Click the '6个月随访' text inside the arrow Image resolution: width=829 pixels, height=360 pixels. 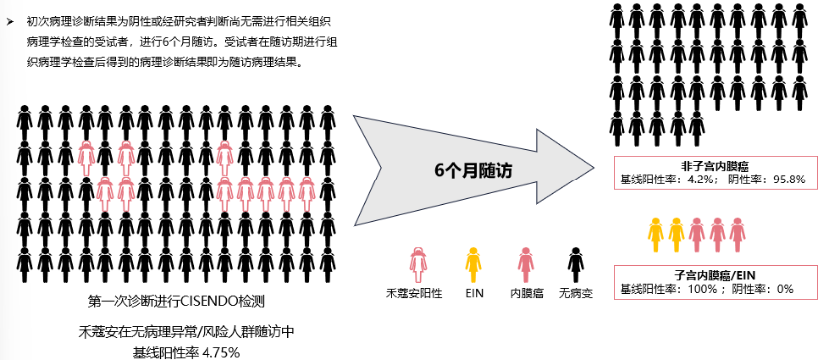point(473,171)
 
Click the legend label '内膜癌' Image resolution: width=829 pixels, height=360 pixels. point(526,293)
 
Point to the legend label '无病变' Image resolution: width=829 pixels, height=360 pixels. point(576,293)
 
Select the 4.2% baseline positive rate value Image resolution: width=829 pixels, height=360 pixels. point(701,180)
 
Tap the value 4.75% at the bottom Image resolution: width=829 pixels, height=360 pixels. point(222,352)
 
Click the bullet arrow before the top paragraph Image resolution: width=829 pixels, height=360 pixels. point(10,22)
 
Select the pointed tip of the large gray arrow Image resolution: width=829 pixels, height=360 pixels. point(593,168)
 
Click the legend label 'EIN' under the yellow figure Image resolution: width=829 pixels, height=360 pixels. point(474,293)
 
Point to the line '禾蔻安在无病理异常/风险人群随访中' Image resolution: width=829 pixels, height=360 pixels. point(187,332)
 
